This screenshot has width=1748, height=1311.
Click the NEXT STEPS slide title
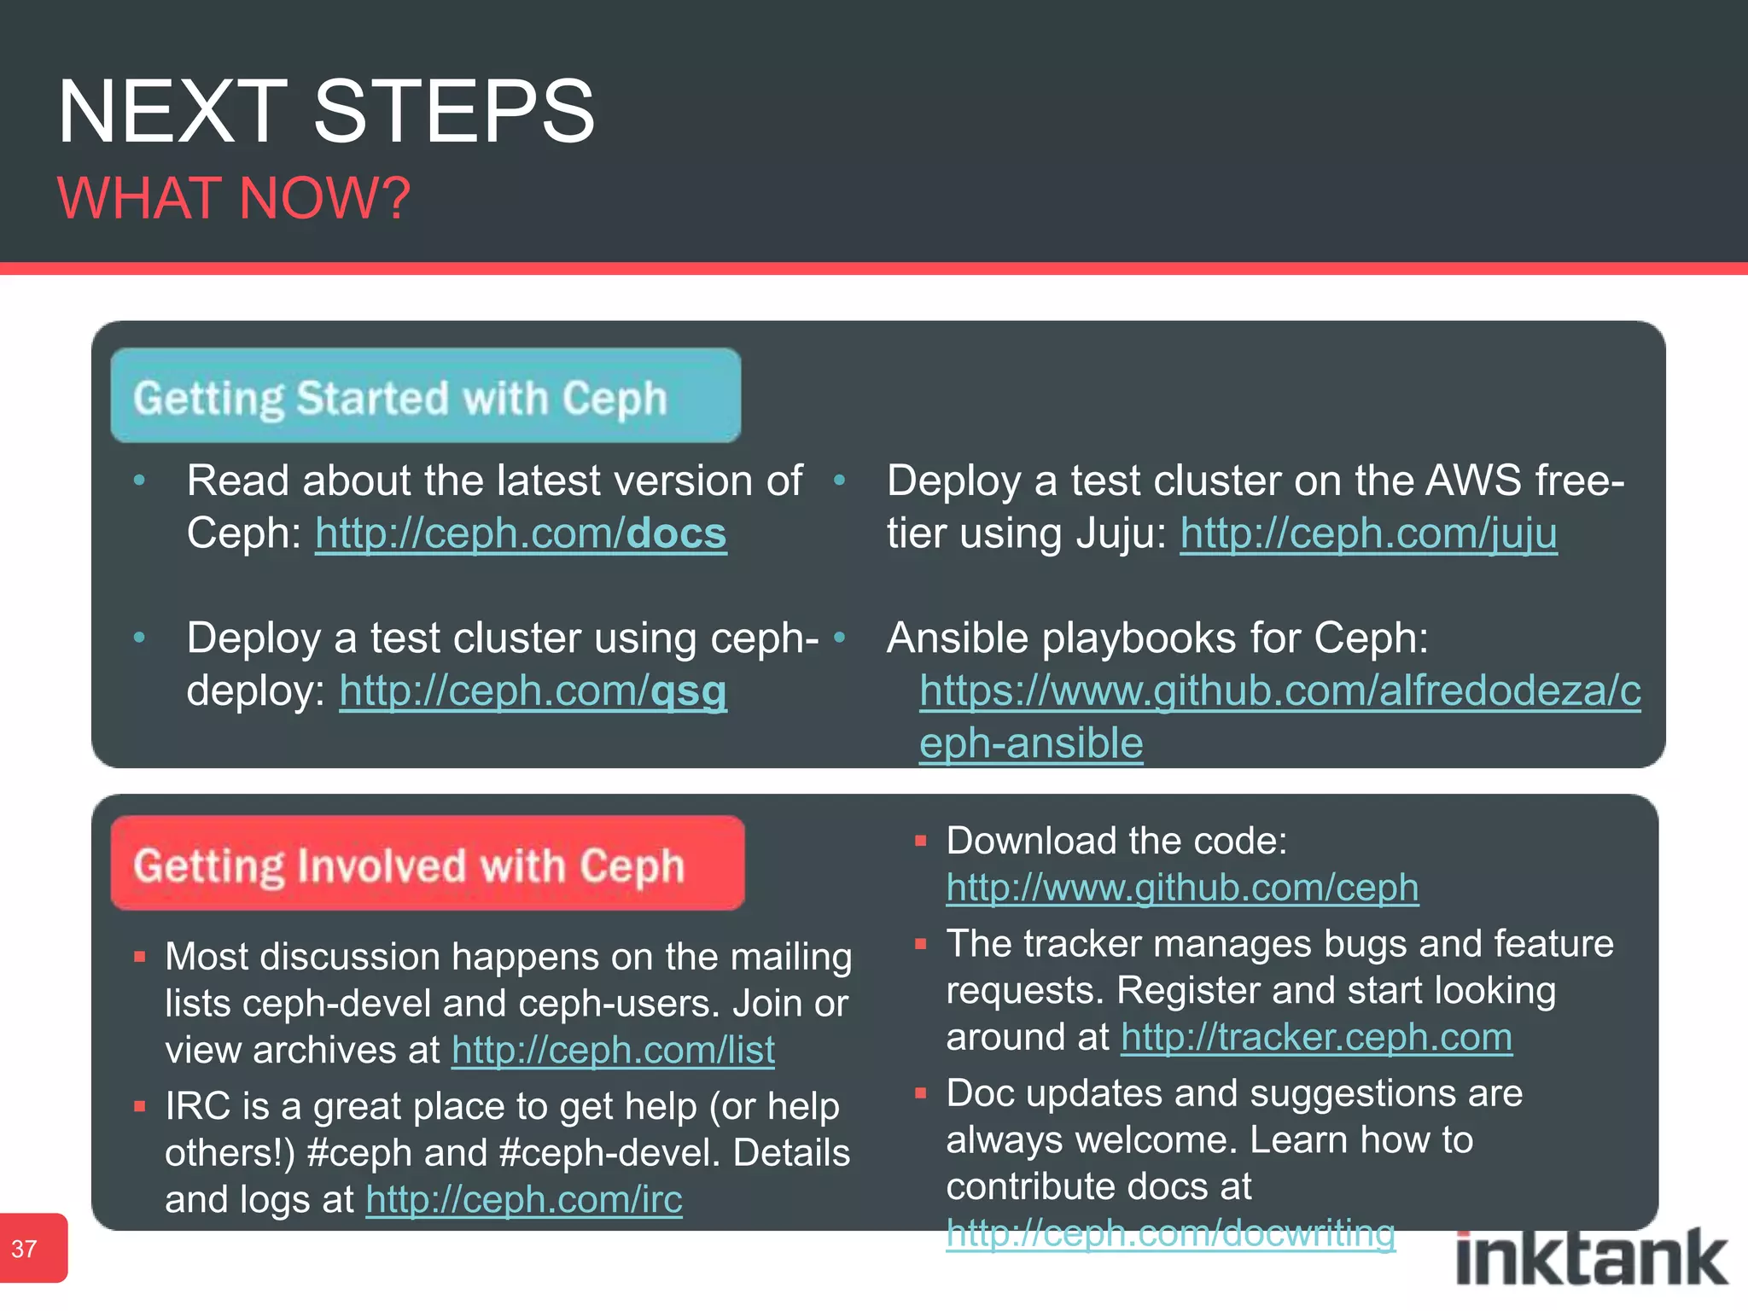pyautogui.click(x=326, y=112)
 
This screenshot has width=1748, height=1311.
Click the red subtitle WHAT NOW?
pyautogui.click(x=234, y=198)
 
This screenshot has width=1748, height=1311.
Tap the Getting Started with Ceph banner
pyautogui.click(x=425, y=396)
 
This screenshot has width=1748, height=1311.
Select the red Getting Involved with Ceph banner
pyautogui.click(x=427, y=864)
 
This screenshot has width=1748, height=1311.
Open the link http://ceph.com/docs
pyautogui.click(x=521, y=534)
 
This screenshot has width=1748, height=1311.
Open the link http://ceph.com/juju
pyautogui.click(x=1368, y=534)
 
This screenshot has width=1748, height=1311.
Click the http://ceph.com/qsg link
pyautogui.click(x=533, y=691)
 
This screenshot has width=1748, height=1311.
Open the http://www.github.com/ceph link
pyautogui.click(x=1182, y=889)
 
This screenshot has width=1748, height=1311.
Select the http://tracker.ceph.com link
pyautogui.click(x=1316, y=1038)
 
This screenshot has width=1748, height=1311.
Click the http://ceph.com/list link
pyautogui.click(x=613, y=1051)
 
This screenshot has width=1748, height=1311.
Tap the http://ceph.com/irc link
pyautogui.click(x=524, y=1200)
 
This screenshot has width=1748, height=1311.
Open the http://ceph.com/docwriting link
pyautogui.click(x=1170, y=1234)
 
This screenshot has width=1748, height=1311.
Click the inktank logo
pyautogui.click(x=1591, y=1258)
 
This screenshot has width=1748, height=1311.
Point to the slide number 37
pyautogui.click(x=25, y=1249)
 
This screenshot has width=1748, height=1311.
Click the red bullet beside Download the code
pyautogui.click(x=920, y=842)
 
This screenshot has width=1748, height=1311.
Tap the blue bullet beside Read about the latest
pyautogui.click(x=140, y=481)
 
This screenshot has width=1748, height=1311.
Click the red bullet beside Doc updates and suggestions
pyautogui.click(x=920, y=1093)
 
